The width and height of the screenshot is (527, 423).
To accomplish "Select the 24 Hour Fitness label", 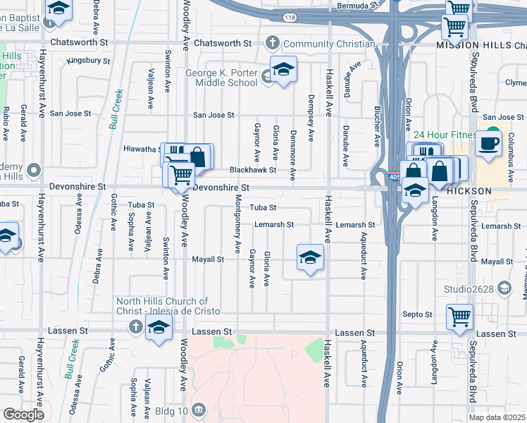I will [445, 135].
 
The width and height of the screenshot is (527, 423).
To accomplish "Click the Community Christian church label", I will [328, 44].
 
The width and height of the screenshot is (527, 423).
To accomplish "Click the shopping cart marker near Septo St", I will [459, 317].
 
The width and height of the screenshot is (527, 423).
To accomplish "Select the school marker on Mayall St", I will [310, 258].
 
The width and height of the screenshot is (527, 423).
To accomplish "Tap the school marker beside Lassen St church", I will [159, 327].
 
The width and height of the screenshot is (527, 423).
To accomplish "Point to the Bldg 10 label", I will [171, 410].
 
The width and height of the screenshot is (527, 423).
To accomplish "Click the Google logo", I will [23, 415].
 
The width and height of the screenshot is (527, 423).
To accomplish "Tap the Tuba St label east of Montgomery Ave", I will [263, 208].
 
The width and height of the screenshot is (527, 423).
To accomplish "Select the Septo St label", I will [418, 314].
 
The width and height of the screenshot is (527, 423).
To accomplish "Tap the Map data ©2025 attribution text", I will [497, 418].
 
